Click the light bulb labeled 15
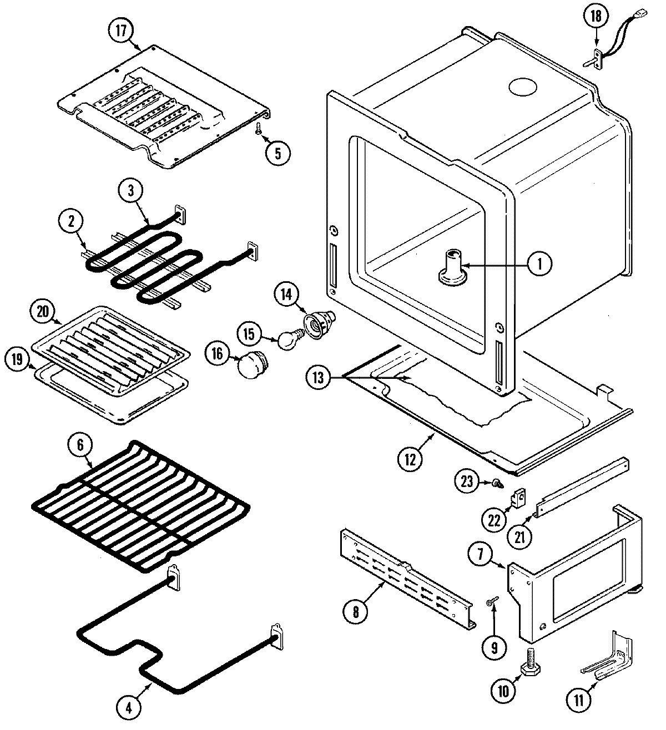click(289, 340)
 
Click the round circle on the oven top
click(523, 87)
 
